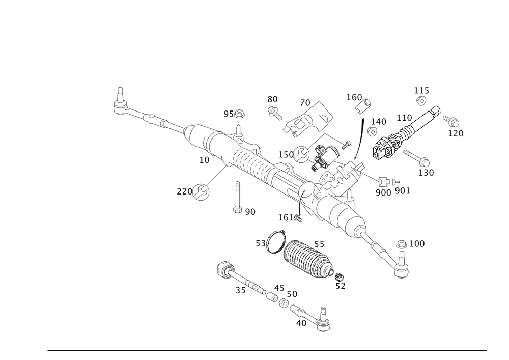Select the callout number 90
(249, 211)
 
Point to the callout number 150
(286, 154)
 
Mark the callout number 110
(404, 118)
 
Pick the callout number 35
(240, 290)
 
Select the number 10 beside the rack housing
(204, 160)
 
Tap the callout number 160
(353, 97)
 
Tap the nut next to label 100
(402, 244)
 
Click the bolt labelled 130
(418, 160)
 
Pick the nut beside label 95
(241, 113)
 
